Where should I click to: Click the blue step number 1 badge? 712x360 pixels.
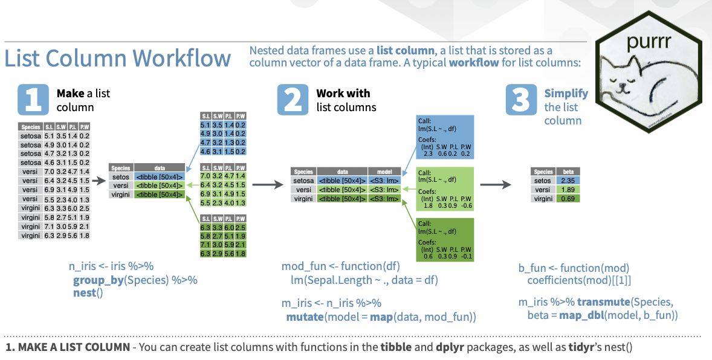coord(33,100)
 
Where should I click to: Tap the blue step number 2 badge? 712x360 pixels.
coord(293,100)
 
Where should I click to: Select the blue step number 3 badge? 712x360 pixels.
coord(521,100)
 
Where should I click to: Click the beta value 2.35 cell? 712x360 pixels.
coord(568,180)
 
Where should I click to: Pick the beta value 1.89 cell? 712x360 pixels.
coord(568,189)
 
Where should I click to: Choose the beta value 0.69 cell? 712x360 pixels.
coord(568,198)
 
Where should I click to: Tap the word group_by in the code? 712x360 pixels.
coord(97,280)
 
